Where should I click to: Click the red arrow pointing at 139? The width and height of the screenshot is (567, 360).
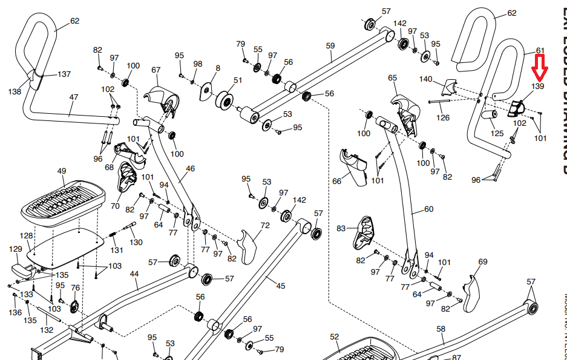point(539,68)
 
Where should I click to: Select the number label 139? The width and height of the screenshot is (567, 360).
point(538,87)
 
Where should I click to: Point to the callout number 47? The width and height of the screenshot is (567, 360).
point(74,97)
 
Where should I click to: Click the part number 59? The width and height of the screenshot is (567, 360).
point(330,45)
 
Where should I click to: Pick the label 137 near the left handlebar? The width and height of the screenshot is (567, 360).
point(64,74)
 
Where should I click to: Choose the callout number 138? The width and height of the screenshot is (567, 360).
point(15,92)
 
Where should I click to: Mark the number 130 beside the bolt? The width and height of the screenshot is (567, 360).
point(136,242)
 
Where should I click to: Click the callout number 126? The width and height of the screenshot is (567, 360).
point(444,118)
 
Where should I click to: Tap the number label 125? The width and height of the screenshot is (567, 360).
point(497,133)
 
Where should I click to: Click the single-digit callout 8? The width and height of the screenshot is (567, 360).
point(218,68)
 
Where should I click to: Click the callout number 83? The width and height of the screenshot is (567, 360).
point(341,228)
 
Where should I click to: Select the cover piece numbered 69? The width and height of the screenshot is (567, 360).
point(470,295)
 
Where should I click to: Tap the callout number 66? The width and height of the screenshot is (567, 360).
point(337,180)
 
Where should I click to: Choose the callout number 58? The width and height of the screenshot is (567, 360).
point(441,329)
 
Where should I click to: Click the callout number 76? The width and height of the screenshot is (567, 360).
point(75,288)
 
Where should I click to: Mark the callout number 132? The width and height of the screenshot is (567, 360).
point(46,330)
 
